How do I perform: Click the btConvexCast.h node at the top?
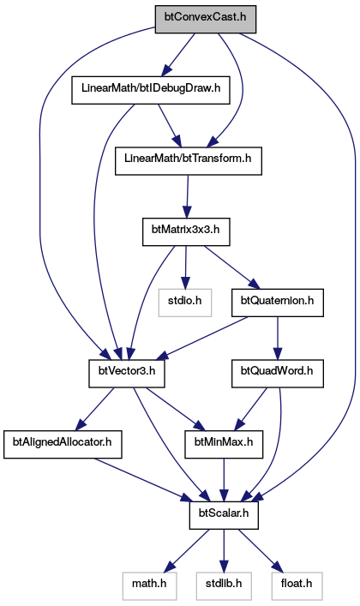tap(206, 19)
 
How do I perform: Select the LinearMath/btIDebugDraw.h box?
tap(151, 90)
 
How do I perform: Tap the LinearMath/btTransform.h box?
tap(189, 161)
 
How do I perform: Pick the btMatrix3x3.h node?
tap(186, 231)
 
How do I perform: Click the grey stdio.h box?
tap(185, 303)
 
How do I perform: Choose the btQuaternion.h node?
tap(277, 303)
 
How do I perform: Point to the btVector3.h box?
tap(127, 374)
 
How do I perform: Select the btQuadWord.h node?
tap(277, 374)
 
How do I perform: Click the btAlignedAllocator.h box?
tap(63, 445)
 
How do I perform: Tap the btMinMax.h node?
tap(224, 445)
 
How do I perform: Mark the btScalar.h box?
tap(224, 515)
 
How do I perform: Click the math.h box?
tap(149, 586)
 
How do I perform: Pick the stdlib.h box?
tap(224, 586)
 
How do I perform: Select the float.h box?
tap(297, 586)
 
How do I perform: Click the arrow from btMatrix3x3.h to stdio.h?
tap(186, 267)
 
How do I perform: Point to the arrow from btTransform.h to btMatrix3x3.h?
tap(188, 197)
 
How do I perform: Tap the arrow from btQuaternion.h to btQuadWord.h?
tap(277, 339)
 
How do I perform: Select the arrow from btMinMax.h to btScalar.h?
tap(224, 480)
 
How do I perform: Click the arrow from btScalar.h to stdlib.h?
tap(224, 551)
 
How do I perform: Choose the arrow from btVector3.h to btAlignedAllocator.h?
tap(95, 409)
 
